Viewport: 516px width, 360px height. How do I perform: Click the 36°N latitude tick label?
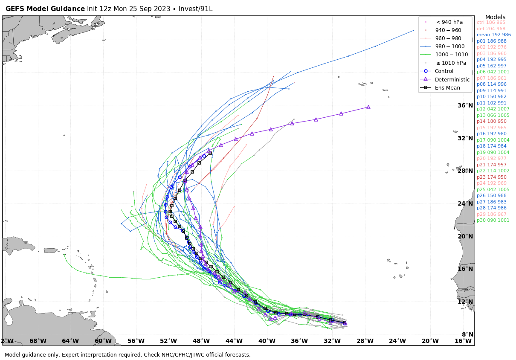click(465, 105)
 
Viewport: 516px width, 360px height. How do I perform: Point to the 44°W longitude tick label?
click(234, 341)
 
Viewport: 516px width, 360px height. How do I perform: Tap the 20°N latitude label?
click(465, 236)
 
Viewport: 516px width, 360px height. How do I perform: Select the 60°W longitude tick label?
click(103, 341)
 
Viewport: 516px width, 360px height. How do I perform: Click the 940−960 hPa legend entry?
click(448, 30)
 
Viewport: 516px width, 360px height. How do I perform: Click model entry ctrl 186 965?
click(491, 22)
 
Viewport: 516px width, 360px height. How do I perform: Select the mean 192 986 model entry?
click(493, 35)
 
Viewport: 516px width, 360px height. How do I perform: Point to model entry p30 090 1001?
click(493, 220)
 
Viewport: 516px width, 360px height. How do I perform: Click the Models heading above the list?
click(495, 17)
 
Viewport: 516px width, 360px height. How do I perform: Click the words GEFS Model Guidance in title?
click(45, 9)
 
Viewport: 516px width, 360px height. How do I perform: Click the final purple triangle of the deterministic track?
click(368, 107)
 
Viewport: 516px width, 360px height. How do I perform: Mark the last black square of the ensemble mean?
click(210, 153)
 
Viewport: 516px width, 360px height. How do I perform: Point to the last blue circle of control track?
click(204, 156)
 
